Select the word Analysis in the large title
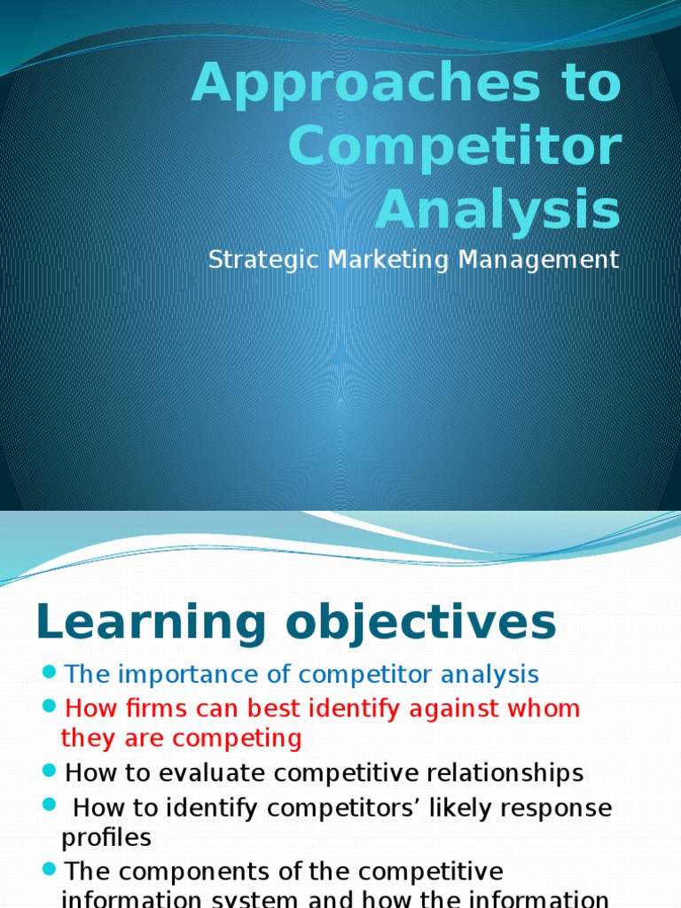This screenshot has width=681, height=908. coord(497,211)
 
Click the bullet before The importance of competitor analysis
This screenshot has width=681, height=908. coord(50,672)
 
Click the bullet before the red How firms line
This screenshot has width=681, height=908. coord(50,707)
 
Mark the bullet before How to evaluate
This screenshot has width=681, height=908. coord(50,771)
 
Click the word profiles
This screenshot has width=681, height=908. coord(106,838)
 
